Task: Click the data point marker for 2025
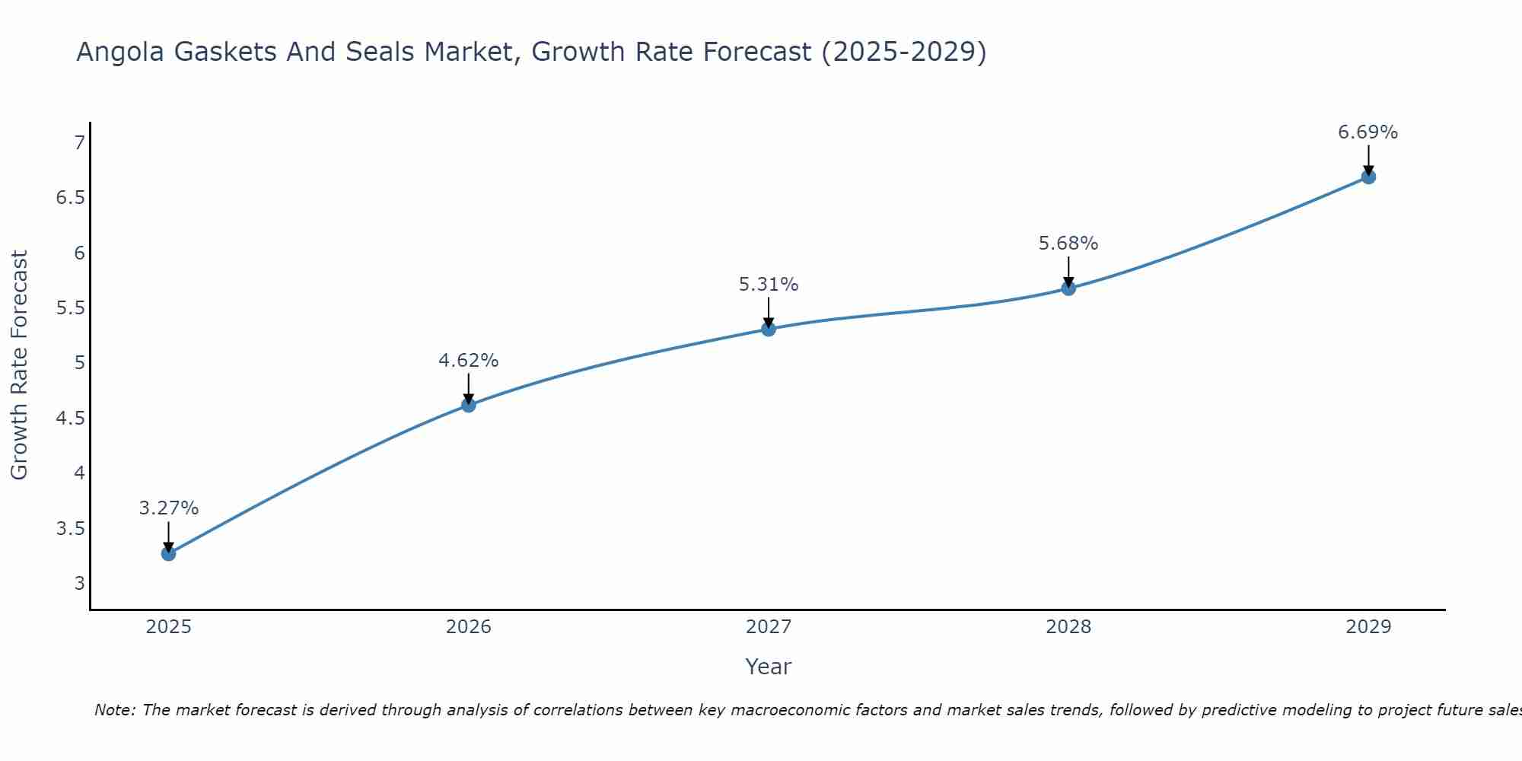[169, 553]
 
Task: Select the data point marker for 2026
[469, 405]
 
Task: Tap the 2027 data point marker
[769, 329]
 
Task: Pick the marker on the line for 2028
[1068, 288]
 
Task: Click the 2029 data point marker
[1368, 177]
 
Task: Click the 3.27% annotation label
[169, 508]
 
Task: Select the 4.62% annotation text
[469, 361]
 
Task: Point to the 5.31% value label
[769, 285]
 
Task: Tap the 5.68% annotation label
[1068, 244]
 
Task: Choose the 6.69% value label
[1368, 132]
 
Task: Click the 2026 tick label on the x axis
[469, 627]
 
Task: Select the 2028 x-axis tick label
[1068, 627]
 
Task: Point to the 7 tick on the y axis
[79, 142]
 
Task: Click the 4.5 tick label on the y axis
[70, 418]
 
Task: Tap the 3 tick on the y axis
[79, 584]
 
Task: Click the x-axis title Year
[769, 667]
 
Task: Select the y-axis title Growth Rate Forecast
[19, 365]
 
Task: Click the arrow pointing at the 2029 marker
[1368, 160]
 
